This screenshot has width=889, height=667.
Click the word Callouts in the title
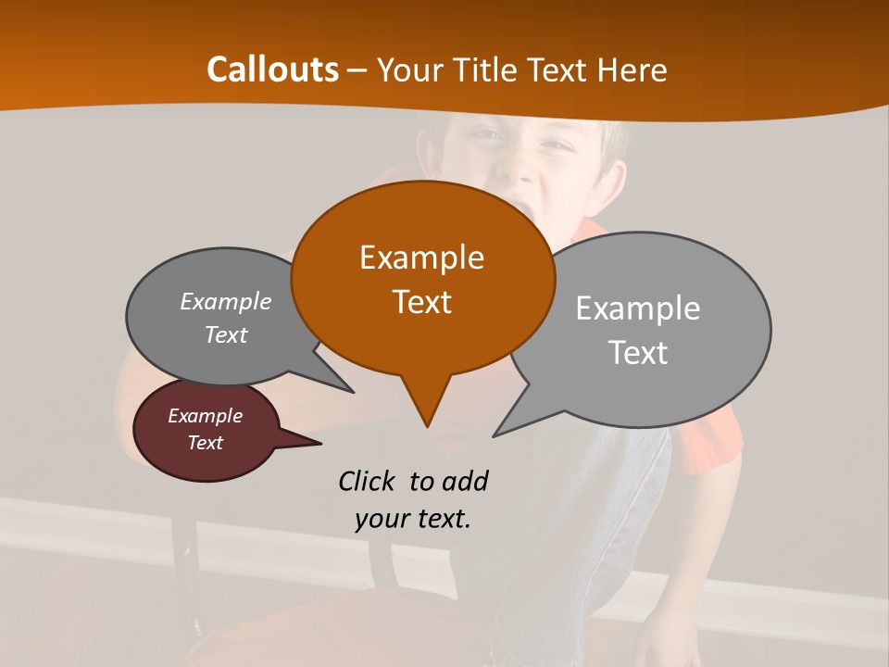point(272,69)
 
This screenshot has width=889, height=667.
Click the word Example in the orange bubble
point(421,258)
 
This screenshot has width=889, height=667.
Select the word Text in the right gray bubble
point(639,353)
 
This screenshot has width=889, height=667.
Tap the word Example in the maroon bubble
point(205,416)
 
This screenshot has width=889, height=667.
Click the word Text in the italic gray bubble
point(225,334)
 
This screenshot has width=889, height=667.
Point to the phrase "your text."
point(413,519)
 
